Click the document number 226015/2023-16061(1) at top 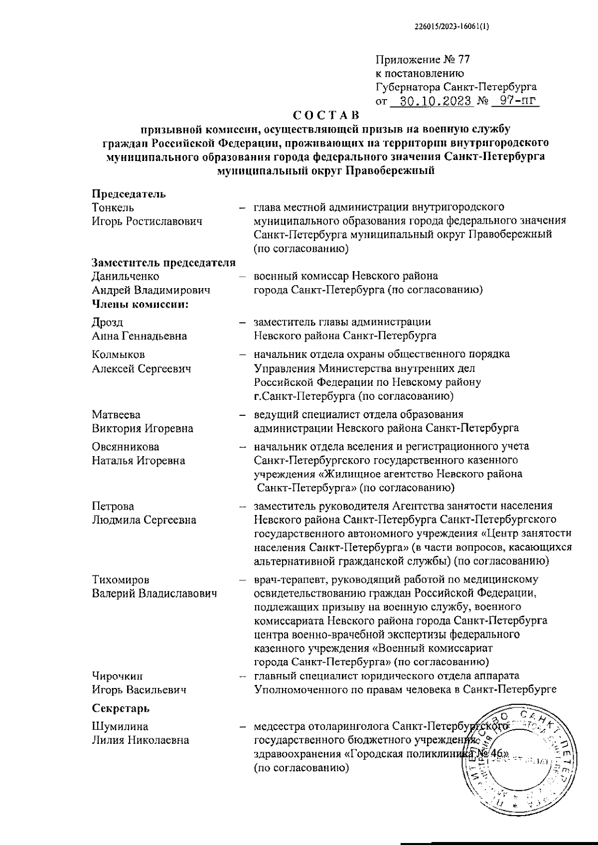click(452, 28)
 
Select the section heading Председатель click(129, 194)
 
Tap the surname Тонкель click(113, 207)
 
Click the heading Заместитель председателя click(163, 263)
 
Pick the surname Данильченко click(126, 276)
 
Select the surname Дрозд click(107, 322)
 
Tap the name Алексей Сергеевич click(142, 369)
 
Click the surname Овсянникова click(126, 447)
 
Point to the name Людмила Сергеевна click(144, 520)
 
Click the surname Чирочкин click(117, 676)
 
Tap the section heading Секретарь click(121, 708)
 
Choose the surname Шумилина click(120, 726)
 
